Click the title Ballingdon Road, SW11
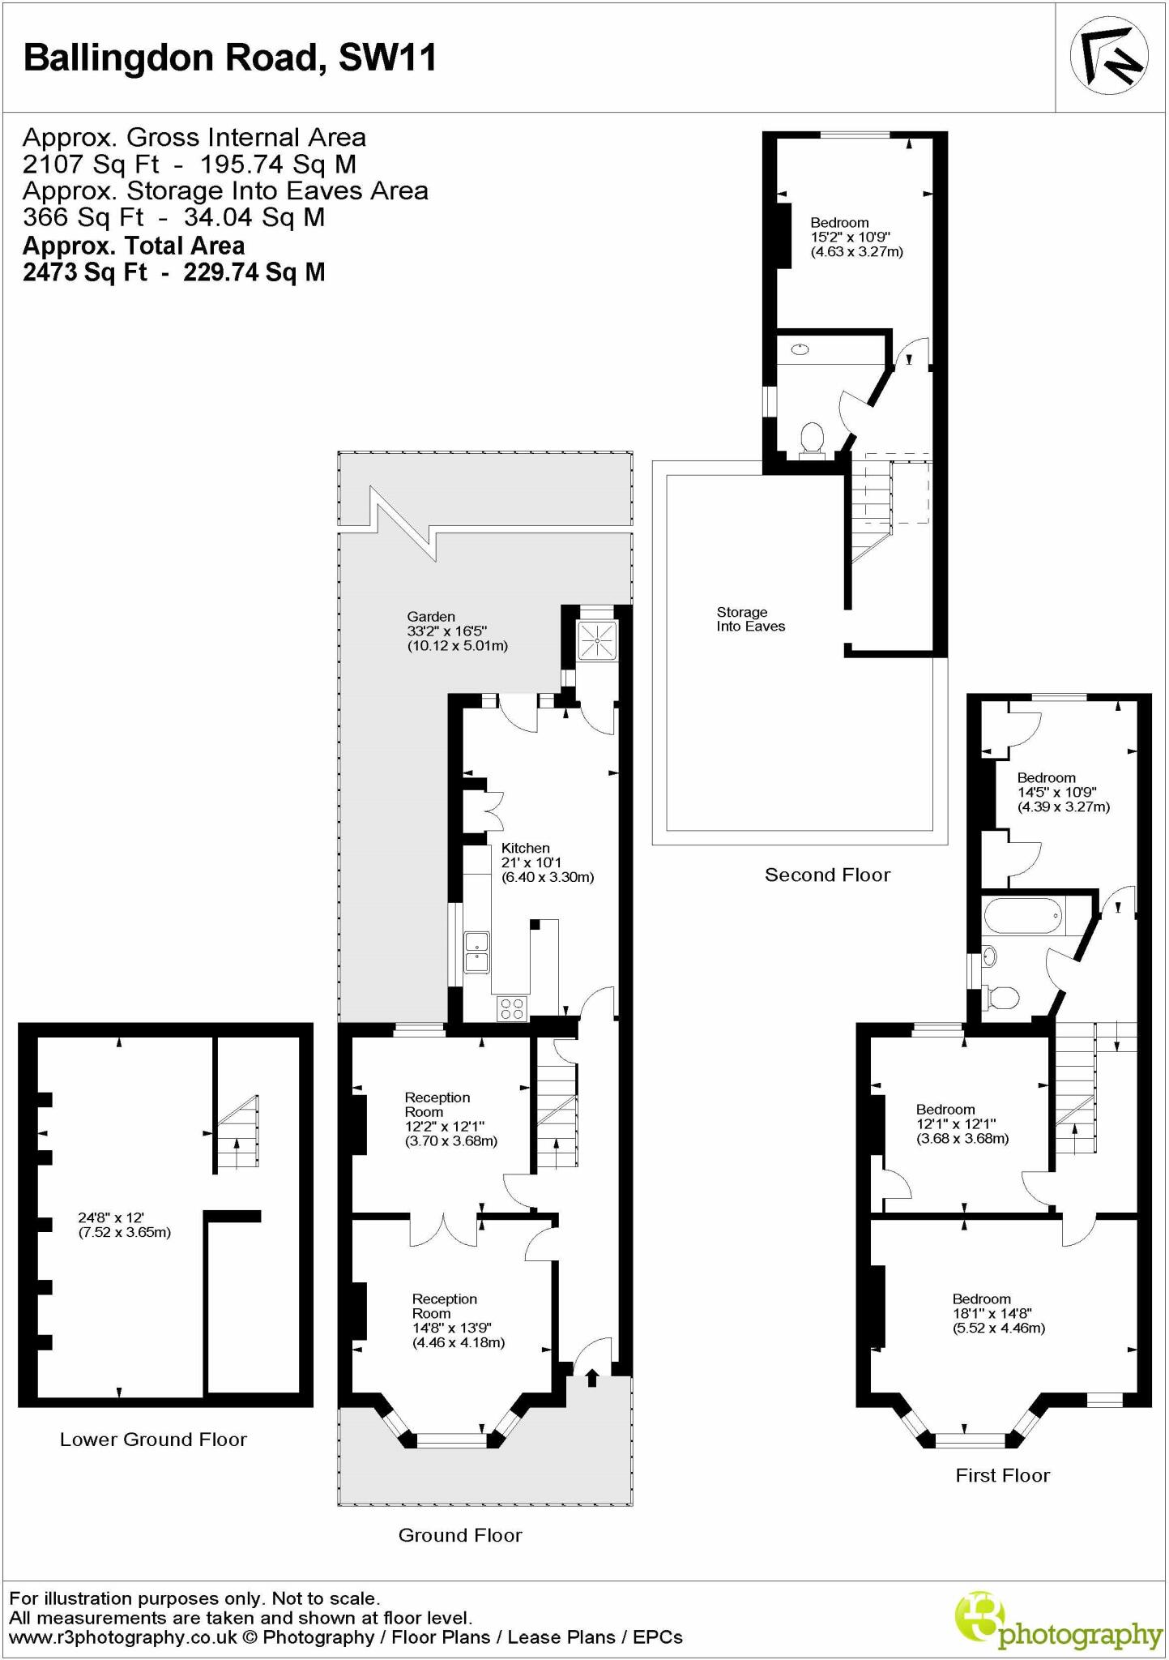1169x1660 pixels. point(230,58)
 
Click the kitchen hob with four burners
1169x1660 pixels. point(512,1008)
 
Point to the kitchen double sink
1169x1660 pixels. point(476,952)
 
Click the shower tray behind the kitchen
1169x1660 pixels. point(597,642)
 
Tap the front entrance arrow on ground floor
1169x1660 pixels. point(591,1377)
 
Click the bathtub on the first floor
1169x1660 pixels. point(1022,919)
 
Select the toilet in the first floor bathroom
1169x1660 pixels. point(1002,999)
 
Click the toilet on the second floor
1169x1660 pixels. point(811,439)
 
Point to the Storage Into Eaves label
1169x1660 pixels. point(750,619)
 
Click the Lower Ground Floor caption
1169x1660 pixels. point(153,1440)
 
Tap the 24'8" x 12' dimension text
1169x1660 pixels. point(124,1225)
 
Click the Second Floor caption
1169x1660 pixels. point(827,875)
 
